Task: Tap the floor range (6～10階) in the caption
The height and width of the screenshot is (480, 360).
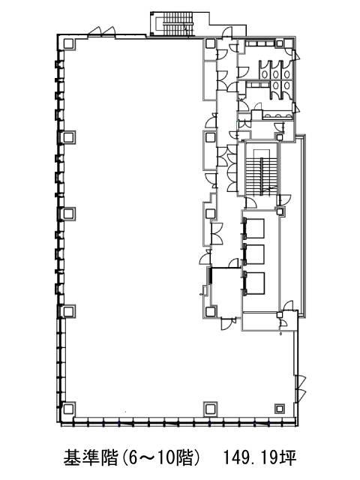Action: coord(160,457)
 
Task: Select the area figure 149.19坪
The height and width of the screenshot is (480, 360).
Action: coord(260,458)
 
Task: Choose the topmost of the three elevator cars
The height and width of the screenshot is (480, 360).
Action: coord(255,228)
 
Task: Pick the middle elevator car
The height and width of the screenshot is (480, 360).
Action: coord(255,254)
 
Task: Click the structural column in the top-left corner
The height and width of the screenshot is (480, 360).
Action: coord(68,44)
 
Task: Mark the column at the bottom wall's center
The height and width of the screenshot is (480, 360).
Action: coord(210,409)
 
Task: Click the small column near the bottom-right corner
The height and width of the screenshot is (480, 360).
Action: coord(280,408)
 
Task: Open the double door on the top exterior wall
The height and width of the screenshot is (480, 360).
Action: coord(102,32)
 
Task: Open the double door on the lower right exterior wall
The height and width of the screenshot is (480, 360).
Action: coord(300,388)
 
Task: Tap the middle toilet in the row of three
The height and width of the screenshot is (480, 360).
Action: coord(276,73)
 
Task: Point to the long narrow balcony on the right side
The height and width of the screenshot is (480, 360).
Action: coord(301,226)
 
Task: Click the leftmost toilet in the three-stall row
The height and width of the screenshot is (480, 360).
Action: coord(265,73)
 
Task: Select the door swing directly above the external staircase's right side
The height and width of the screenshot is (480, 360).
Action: coord(227,31)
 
